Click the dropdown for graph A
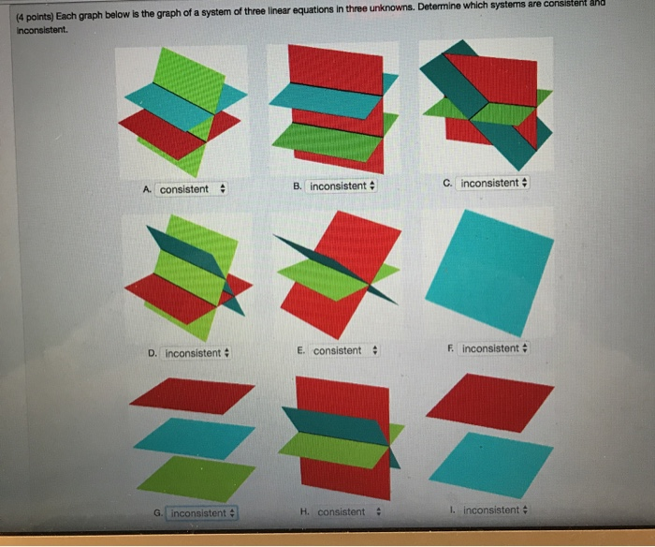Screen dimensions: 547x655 click(191, 189)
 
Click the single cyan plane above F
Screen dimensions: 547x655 click(489, 272)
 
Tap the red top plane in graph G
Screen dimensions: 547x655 click(192, 394)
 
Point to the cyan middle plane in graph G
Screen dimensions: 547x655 click(195, 437)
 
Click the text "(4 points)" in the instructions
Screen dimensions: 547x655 click(38, 16)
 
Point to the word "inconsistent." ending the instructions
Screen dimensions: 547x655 click(41, 30)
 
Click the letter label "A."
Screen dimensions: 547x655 click(149, 189)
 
